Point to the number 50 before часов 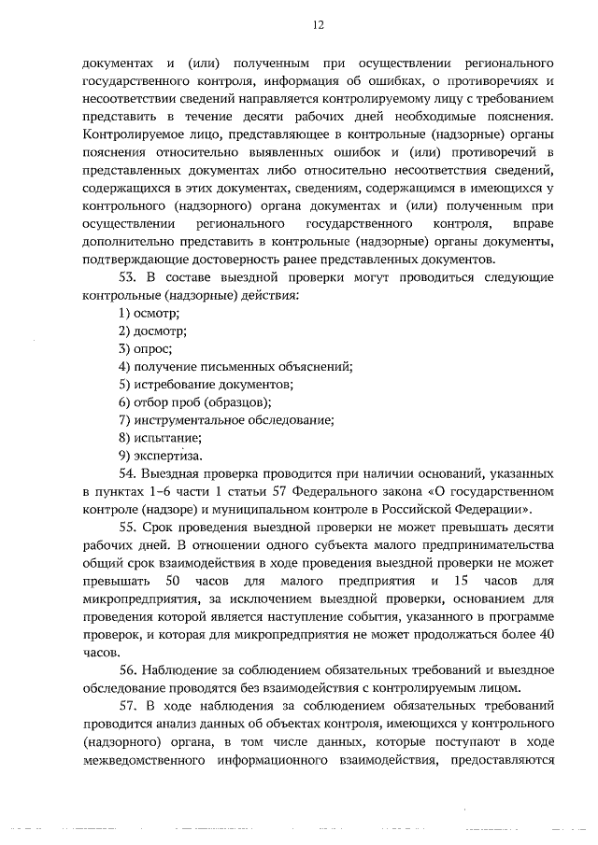point(185,581)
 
